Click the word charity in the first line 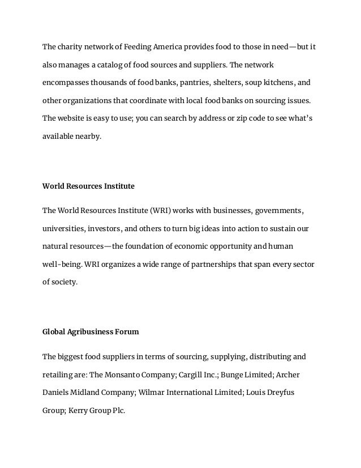point(69,46)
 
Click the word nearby point(89,137)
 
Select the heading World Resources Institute point(89,185)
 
